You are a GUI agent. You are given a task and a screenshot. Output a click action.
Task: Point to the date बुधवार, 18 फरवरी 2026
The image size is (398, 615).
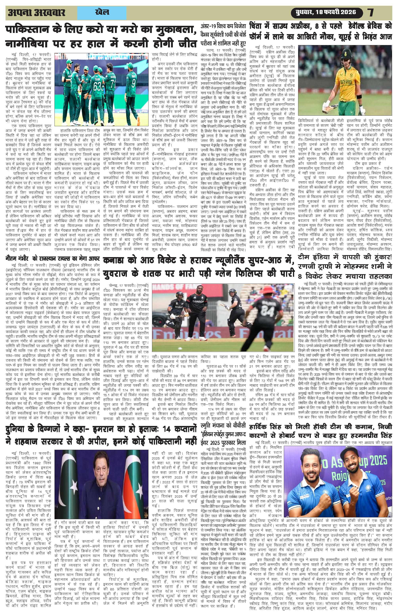[327, 12]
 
